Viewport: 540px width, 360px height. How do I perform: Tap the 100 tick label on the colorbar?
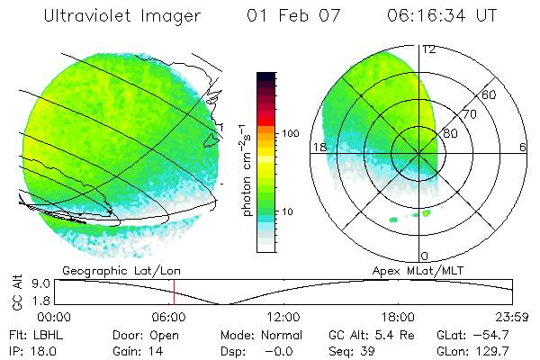(x=290, y=133)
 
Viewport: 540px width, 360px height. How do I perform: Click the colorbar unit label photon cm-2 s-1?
(x=245, y=171)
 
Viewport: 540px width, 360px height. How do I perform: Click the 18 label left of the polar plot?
(x=318, y=148)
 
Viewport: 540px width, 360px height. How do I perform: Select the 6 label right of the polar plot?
(x=523, y=148)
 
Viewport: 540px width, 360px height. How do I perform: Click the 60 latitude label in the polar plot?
(x=490, y=94)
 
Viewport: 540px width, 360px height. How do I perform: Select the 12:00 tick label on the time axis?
(x=283, y=317)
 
